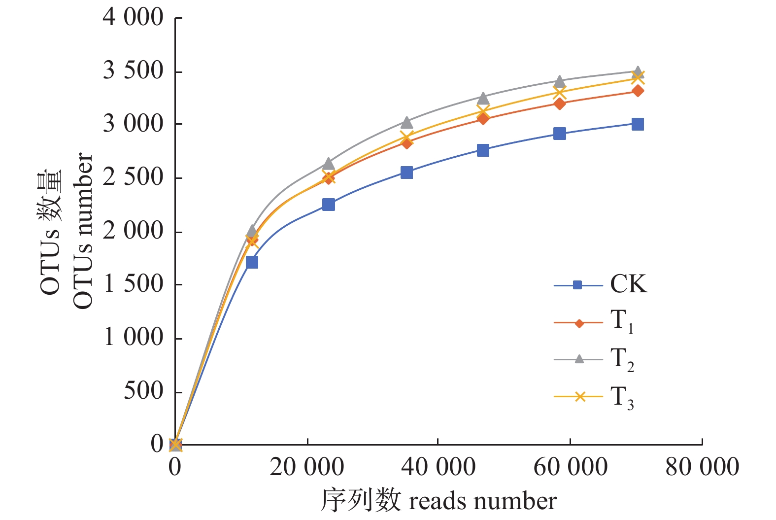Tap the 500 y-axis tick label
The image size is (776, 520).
pos(143,391)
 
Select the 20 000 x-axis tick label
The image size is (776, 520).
pos(306,467)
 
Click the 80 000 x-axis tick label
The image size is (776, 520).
pos(702,467)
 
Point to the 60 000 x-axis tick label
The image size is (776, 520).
pos(570,467)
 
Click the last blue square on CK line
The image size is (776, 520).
pos(638,124)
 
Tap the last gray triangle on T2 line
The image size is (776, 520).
pos(638,72)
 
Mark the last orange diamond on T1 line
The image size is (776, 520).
pos(638,91)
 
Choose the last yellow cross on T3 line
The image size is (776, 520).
pos(638,77)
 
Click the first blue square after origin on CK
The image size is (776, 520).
pos(252,262)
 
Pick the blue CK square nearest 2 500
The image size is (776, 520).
pos(406,173)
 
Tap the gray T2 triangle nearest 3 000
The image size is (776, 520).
pos(406,122)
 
